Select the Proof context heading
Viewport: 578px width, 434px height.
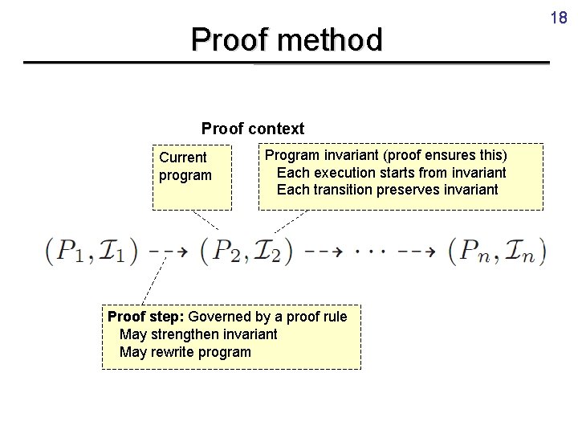pos(253,129)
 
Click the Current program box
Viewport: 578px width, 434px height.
pos(191,175)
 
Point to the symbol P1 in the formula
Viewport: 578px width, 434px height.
pos(70,252)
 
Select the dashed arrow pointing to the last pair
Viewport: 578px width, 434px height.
pos(417,251)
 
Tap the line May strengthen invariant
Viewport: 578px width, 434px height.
pos(197,334)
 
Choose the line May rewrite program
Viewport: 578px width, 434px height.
pos(185,352)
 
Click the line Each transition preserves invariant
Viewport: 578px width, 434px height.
pos(387,190)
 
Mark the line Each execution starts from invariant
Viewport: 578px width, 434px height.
pos(391,173)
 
